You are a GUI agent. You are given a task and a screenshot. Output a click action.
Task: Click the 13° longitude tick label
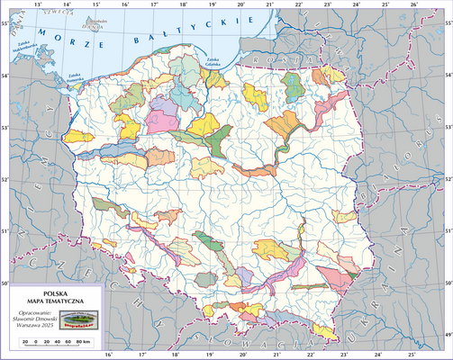point(37,4)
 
